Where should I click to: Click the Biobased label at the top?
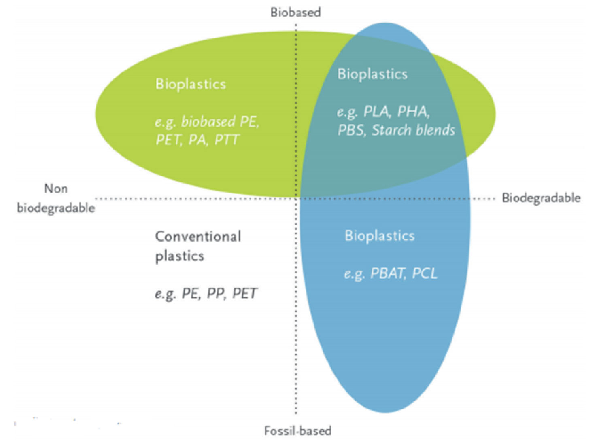click(x=295, y=13)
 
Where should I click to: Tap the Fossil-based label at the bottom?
click(x=297, y=430)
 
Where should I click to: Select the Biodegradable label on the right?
click(x=541, y=199)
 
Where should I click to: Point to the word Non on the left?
click(x=55, y=189)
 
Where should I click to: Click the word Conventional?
click(x=198, y=236)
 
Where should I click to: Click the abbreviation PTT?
click(x=227, y=140)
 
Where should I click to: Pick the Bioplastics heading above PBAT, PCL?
click(x=380, y=236)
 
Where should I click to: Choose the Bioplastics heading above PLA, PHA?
click(x=372, y=74)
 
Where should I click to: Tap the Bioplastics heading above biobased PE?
click(x=191, y=84)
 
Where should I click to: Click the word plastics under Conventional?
click(x=180, y=256)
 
